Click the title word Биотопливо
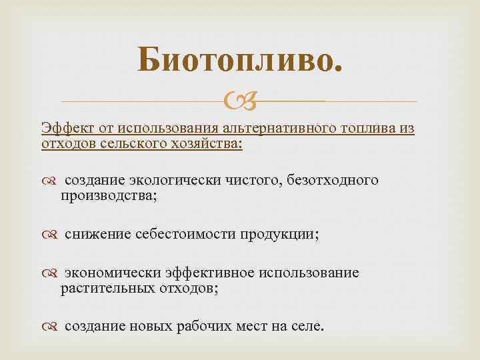click(x=241, y=62)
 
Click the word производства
click(x=108, y=196)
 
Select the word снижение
click(x=98, y=234)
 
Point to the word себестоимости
click(x=179, y=234)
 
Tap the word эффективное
click(x=210, y=273)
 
